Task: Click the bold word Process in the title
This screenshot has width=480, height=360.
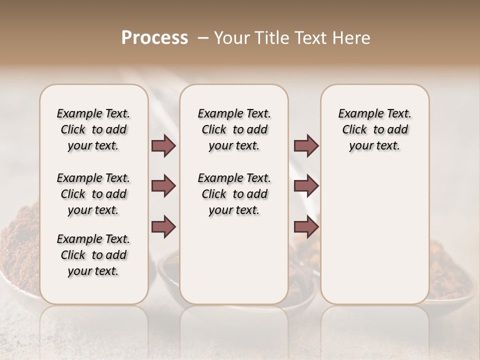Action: (154, 38)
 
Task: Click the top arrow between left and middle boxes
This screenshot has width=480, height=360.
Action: (163, 146)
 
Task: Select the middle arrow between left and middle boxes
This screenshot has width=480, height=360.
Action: (163, 186)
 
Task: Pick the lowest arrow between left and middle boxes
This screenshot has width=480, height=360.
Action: (163, 226)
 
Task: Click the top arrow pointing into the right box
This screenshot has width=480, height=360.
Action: (306, 146)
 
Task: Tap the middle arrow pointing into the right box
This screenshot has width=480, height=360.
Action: (306, 186)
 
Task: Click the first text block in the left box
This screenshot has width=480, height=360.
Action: (93, 129)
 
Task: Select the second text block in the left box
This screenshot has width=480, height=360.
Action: (93, 194)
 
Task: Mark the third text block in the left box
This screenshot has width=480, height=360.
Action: (93, 255)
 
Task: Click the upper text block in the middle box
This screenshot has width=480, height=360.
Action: (234, 129)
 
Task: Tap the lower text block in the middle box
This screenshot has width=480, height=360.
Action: (234, 194)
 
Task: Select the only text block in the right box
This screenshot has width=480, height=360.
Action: (374, 129)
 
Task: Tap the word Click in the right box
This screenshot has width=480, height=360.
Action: (354, 130)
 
